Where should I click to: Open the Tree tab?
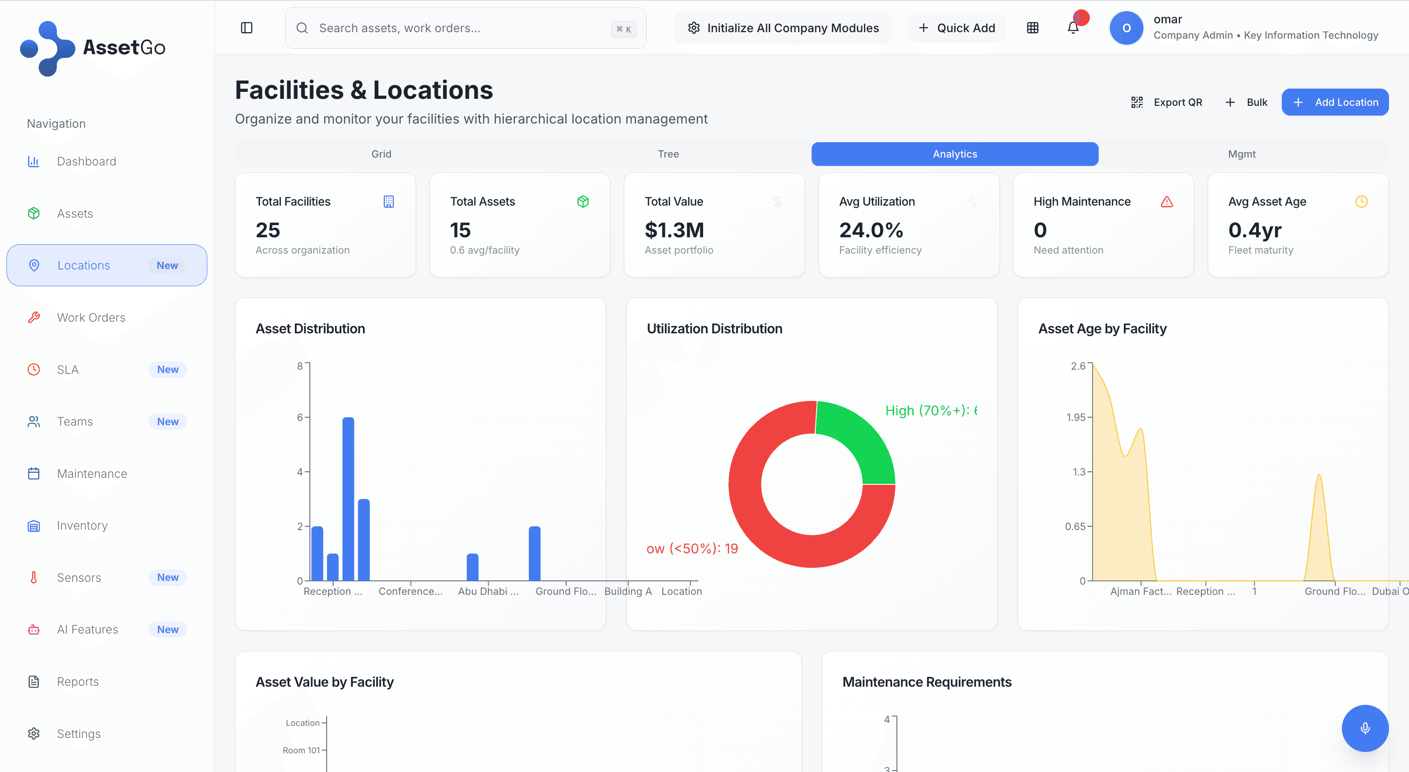click(x=668, y=154)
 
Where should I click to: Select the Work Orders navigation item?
click(x=91, y=317)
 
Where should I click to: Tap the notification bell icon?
click(x=1073, y=28)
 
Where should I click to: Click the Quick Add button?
click(x=956, y=28)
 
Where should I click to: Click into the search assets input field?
click(x=459, y=28)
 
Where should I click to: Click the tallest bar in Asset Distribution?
click(x=348, y=498)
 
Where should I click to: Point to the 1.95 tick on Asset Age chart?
click(x=1076, y=417)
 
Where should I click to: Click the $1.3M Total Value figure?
click(x=674, y=230)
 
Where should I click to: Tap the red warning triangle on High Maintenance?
click(x=1167, y=202)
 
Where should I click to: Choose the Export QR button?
click(x=1167, y=102)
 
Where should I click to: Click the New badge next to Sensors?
click(x=167, y=577)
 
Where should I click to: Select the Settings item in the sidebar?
click(x=79, y=734)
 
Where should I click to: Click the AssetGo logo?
click(x=93, y=48)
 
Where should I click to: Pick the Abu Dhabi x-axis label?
click(x=488, y=592)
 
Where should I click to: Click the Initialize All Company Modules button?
click(x=783, y=28)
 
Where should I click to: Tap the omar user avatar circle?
click(x=1126, y=28)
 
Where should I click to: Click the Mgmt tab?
click(x=1241, y=154)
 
